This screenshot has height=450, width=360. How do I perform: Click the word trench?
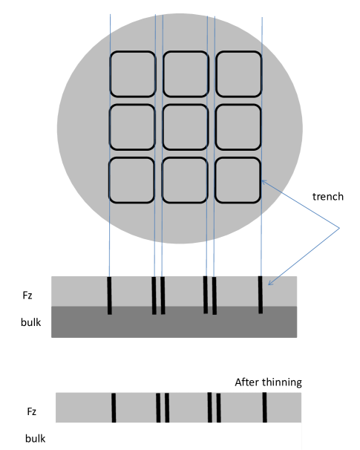click(x=328, y=197)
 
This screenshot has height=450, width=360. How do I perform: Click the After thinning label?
click(x=268, y=382)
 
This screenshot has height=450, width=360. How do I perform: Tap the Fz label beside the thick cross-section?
click(x=27, y=296)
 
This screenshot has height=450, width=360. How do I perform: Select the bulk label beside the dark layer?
click(x=30, y=322)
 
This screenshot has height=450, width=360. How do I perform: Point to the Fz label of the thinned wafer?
click(x=32, y=411)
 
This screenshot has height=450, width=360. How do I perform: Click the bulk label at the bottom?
click(x=36, y=438)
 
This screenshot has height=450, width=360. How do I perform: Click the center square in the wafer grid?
click(x=186, y=127)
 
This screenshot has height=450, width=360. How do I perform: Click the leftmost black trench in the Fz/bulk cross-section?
click(x=109, y=296)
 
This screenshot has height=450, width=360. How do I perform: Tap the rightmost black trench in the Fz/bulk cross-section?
click(x=261, y=295)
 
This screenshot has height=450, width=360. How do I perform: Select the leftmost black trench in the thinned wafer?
click(x=114, y=408)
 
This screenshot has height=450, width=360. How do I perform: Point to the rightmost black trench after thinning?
click(x=264, y=408)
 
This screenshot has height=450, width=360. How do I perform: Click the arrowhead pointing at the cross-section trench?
click(x=269, y=284)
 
